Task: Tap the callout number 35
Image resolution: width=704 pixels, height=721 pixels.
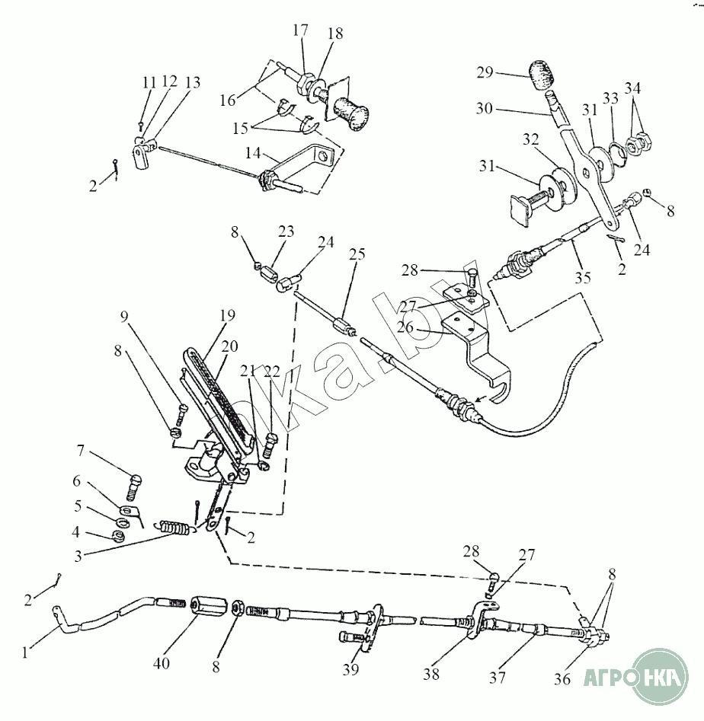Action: [583, 279]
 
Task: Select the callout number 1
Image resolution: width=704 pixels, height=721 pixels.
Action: [27, 652]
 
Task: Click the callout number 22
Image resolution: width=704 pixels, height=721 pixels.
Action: [273, 372]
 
